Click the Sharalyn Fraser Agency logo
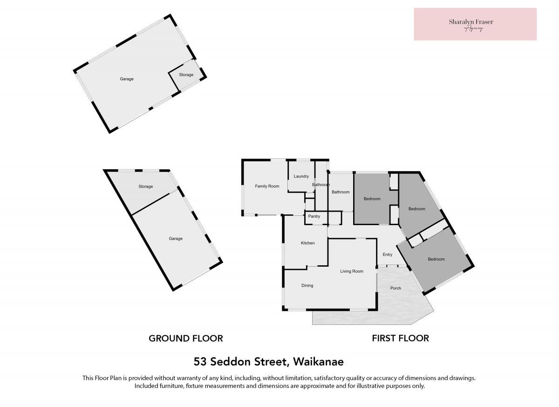pyautogui.click(x=475, y=24)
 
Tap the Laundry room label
pyautogui.click(x=301, y=176)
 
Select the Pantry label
pyautogui.click(x=314, y=216)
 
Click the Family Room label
pyautogui.click(x=267, y=186)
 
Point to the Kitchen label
pyautogui.click(x=308, y=243)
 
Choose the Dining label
pyautogui.click(x=307, y=285)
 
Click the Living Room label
pyautogui.click(x=352, y=271)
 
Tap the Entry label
pyautogui.click(x=387, y=255)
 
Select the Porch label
pyautogui.click(x=395, y=288)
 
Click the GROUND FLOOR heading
pyautogui.click(x=186, y=338)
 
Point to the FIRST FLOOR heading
pyautogui.click(x=400, y=338)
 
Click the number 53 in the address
pyautogui.click(x=200, y=362)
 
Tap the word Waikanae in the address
pyautogui.click(x=318, y=362)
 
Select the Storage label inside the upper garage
pyautogui.click(x=186, y=75)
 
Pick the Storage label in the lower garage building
pyautogui.click(x=146, y=186)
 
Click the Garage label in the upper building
pyautogui.click(x=127, y=79)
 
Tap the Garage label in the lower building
pyautogui.click(x=176, y=239)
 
